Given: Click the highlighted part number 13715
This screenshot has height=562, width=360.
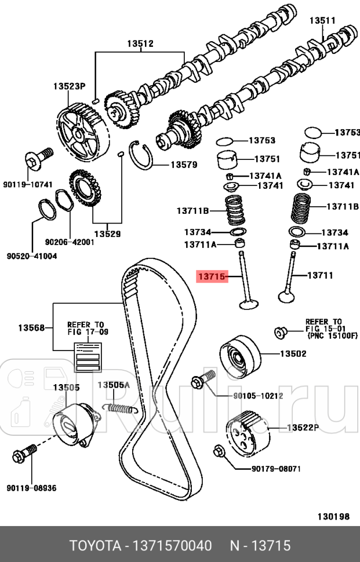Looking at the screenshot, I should point(211,276).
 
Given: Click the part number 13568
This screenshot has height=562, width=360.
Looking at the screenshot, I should point(32,327).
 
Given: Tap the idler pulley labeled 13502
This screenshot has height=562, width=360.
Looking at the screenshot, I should point(240,354).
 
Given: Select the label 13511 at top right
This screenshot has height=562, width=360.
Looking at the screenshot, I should point(322,20).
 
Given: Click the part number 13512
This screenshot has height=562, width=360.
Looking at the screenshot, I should point(140,43).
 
